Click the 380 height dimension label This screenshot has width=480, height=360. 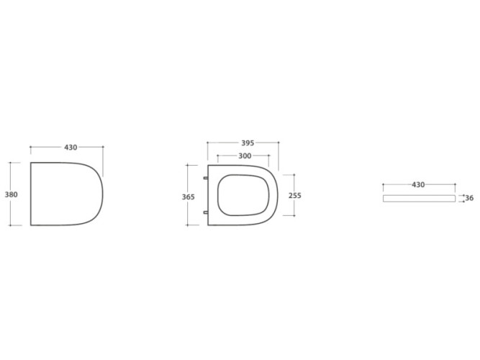(x=12, y=194)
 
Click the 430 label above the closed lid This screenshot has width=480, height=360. (x=71, y=148)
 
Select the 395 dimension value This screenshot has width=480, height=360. (x=248, y=143)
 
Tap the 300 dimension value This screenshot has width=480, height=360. (x=245, y=156)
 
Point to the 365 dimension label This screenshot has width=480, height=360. (x=189, y=197)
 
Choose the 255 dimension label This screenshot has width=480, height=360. (x=295, y=195)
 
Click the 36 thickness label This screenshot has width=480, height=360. (x=469, y=198)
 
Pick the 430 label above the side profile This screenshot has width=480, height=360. (x=418, y=185)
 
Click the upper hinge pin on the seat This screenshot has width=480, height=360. (x=206, y=178)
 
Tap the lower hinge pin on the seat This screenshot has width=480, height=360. (x=206, y=212)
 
